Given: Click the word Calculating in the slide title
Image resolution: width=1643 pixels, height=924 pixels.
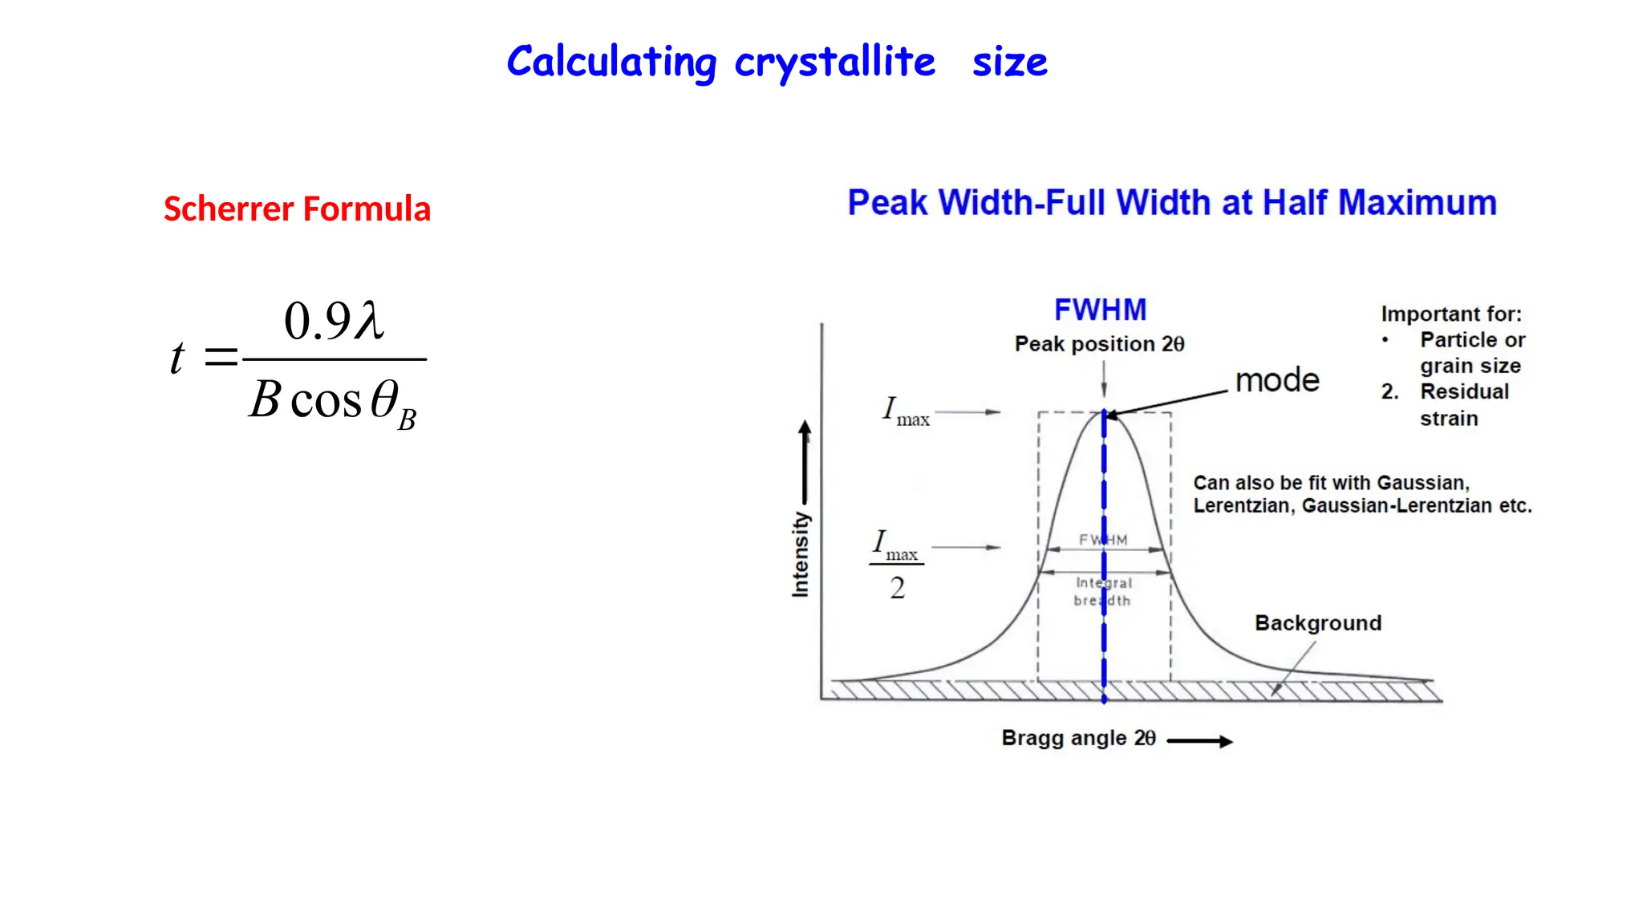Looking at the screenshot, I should (x=611, y=63).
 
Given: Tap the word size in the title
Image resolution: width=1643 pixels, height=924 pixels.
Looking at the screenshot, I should (x=1009, y=63).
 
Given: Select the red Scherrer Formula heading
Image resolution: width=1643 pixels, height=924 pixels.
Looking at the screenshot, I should (x=297, y=209).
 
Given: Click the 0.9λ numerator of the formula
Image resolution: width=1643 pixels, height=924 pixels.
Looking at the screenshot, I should (x=334, y=321).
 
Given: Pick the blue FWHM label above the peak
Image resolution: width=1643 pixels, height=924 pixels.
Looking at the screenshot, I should (x=1100, y=310).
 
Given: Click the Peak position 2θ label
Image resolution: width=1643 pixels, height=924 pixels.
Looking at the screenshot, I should (x=1099, y=344).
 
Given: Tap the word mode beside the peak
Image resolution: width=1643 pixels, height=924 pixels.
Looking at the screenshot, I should (x=1277, y=380).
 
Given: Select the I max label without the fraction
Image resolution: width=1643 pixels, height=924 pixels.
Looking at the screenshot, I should (x=906, y=411).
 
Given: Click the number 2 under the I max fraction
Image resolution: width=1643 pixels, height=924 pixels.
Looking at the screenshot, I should (x=897, y=588).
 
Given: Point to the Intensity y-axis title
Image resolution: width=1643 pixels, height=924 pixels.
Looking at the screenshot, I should (x=801, y=554).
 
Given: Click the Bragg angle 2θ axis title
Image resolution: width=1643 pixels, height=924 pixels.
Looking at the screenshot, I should (x=1078, y=738).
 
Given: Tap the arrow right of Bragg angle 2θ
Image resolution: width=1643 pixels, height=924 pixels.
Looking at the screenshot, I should (x=1199, y=741).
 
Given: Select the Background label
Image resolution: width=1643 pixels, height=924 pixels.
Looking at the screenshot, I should (x=1317, y=623).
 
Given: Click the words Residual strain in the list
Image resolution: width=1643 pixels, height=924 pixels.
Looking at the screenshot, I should (x=1463, y=404).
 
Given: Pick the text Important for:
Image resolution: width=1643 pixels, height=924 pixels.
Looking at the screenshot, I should (x=1450, y=314).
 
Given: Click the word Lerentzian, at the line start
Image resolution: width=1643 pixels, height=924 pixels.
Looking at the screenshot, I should (x=1243, y=506).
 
